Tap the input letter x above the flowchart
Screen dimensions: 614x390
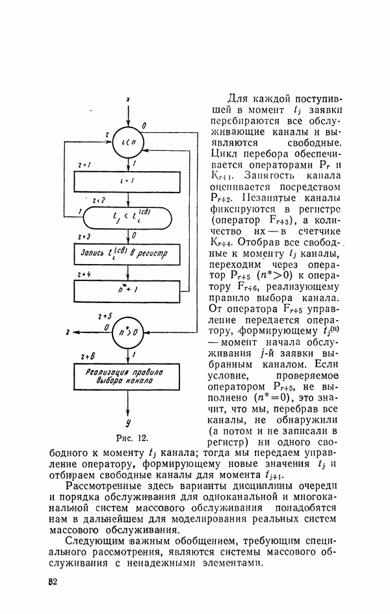click(x=129, y=100)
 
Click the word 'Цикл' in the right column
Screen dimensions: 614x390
click(x=224, y=153)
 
